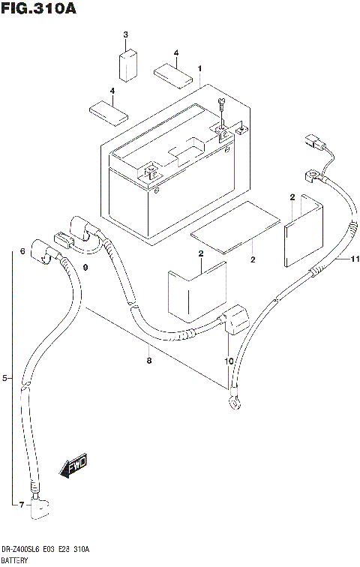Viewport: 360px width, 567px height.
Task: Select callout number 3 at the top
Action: (126, 35)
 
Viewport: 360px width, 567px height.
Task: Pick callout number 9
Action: (85, 268)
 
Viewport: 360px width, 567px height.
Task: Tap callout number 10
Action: (228, 361)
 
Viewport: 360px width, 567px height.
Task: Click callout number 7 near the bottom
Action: (22, 503)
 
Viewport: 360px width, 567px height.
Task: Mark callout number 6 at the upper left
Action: (23, 250)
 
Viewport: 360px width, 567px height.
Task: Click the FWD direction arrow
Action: (73, 468)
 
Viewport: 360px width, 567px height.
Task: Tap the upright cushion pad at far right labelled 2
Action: (304, 229)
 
